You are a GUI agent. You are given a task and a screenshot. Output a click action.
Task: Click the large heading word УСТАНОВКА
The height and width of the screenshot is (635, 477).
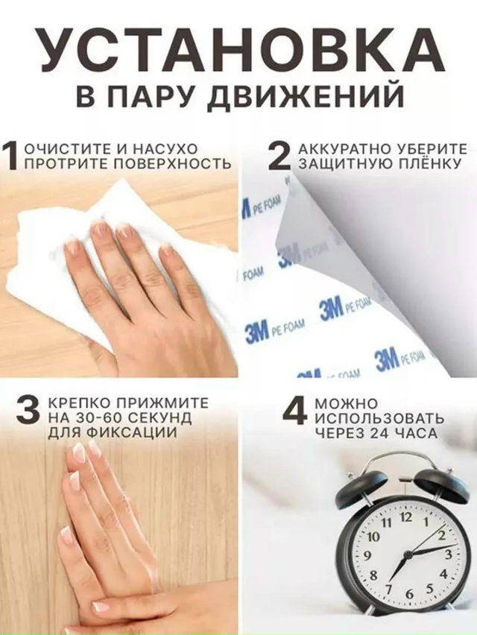click(238, 51)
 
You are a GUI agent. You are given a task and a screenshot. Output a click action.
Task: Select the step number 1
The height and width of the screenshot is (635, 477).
click(10, 157)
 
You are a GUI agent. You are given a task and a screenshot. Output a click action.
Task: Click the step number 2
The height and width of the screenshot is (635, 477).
click(279, 157)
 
